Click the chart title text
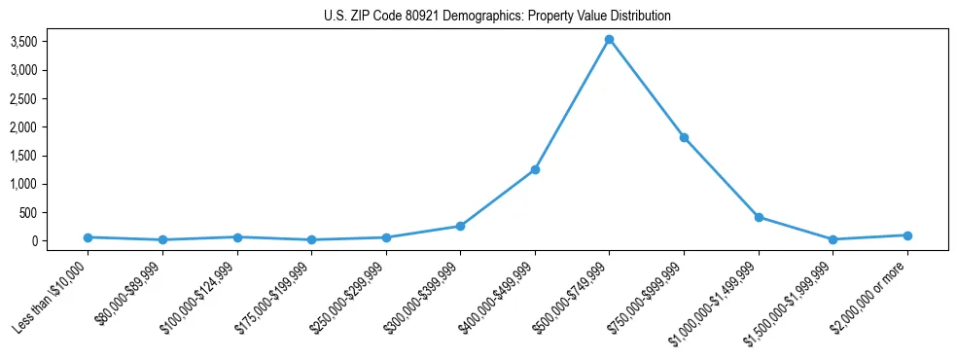[497, 17]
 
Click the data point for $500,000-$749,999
[609, 40]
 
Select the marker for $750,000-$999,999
[684, 137]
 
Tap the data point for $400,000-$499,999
[535, 169]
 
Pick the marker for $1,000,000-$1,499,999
[759, 217]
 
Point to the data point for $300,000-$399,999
[460, 226]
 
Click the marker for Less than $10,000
[88, 237]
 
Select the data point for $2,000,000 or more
[907, 235]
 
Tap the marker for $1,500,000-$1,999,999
[833, 239]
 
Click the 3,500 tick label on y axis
[51, 42]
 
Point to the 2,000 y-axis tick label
[51, 127]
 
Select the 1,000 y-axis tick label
[51, 184]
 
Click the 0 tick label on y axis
[60, 241]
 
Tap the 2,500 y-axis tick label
[51, 98]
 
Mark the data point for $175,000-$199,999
[311, 239]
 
